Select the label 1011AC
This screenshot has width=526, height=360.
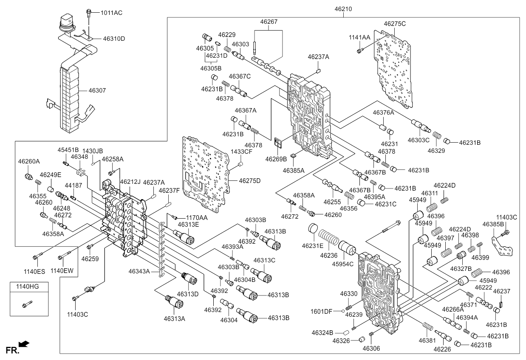click(111, 13)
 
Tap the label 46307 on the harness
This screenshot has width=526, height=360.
click(97, 90)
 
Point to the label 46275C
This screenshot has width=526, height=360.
click(395, 24)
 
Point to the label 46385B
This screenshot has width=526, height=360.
click(493, 224)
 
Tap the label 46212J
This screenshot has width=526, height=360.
click(130, 182)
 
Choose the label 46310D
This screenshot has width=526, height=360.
click(114, 39)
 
